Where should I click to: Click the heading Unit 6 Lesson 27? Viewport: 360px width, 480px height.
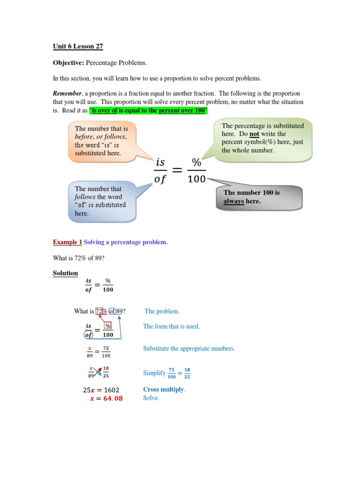[77, 46]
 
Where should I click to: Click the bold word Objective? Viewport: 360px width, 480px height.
[67, 62]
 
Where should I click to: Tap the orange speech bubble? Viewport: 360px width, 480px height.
[101, 141]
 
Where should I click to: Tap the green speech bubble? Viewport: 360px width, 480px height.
[262, 138]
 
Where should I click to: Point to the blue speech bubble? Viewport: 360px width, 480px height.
[101, 201]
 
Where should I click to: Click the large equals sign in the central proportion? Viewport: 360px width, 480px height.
[177, 171]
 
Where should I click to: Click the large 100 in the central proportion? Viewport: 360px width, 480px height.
[196, 179]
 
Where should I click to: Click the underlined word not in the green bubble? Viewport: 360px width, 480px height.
[254, 134]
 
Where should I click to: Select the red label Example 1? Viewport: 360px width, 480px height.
[67, 242]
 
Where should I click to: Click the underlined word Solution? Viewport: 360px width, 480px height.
[65, 273]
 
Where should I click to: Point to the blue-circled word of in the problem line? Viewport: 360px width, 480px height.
[112, 311]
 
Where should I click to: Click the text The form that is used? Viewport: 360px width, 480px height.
[171, 326]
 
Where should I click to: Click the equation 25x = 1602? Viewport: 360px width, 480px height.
[101, 390]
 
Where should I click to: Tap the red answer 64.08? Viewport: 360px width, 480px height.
[112, 398]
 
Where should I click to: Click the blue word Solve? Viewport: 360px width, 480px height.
[151, 398]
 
